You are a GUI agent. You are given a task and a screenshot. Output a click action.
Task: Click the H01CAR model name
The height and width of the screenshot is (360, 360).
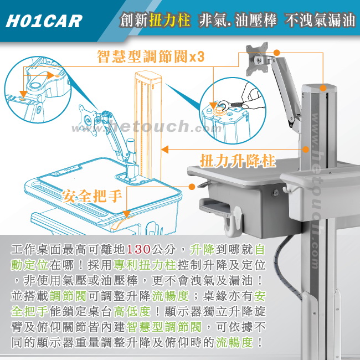[44, 21]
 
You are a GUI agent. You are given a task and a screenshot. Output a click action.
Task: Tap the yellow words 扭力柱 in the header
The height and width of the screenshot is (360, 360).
[170, 20]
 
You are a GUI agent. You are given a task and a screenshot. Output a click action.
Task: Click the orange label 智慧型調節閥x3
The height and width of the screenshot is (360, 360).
[151, 56]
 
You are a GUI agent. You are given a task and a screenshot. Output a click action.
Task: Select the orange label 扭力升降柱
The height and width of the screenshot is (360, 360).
[238, 161]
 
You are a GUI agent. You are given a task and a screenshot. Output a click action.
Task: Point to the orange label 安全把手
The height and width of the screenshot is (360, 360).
[92, 196]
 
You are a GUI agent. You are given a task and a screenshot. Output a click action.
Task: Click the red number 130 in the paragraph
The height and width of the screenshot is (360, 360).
[138, 250]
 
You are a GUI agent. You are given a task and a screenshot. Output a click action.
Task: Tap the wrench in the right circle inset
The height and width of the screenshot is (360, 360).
[232, 105]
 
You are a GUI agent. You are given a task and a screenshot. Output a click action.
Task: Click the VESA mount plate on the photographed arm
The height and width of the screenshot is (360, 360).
[257, 59]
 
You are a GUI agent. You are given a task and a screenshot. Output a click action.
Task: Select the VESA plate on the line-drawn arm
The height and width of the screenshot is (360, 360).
[88, 120]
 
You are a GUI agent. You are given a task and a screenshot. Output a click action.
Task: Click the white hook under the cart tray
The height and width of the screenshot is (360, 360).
[234, 222]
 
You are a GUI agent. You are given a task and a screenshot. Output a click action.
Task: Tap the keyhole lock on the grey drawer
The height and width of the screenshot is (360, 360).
[275, 193]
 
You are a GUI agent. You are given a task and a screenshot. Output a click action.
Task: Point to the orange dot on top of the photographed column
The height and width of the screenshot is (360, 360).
[323, 88]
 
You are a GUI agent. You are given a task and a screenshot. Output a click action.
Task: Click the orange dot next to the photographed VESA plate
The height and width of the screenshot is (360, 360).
[277, 53]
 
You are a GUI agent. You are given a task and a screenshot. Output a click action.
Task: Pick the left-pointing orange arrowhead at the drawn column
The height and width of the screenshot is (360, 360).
[165, 150]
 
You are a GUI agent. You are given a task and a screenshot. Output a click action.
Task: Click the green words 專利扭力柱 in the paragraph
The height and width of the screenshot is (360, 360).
[145, 265]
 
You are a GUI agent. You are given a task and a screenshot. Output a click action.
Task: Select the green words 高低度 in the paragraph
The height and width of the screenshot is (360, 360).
[132, 311]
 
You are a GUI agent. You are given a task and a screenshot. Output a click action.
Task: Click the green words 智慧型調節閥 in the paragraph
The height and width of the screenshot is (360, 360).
[164, 327]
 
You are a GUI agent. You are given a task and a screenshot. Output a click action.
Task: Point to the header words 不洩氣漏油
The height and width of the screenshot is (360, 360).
[320, 20]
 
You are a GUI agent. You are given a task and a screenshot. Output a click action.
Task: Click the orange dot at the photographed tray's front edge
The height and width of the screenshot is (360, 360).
[192, 187]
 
